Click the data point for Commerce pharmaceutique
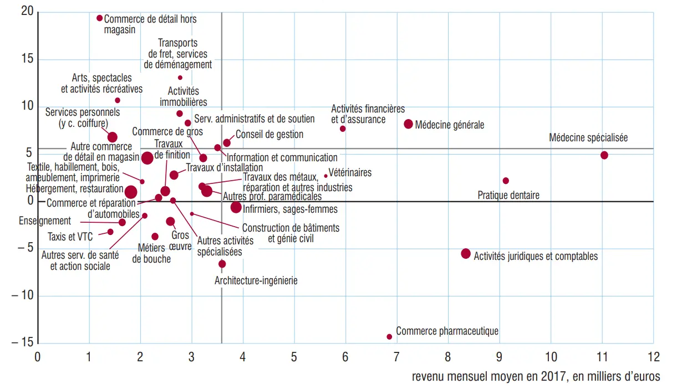(x=389, y=336)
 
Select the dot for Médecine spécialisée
(x=604, y=155)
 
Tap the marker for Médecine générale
(x=409, y=124)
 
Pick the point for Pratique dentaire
(x=506, y=181)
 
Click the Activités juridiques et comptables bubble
(x=466, y=254)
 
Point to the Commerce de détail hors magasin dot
(x=100, y=18)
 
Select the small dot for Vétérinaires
(x=326, y=176)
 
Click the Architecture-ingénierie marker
(x=222, y=264)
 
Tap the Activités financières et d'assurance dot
(x=343, y=129)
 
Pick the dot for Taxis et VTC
(x=110, y=232)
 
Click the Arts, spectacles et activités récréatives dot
(x=118, y=100)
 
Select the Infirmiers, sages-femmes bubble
(x=236, y=207)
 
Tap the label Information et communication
(x=282, y=157)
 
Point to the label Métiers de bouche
(x=152, y=253)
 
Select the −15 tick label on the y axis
(x=22, y=342)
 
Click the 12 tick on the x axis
(x=653, y=356)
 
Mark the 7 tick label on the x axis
(x=396, y=356)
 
